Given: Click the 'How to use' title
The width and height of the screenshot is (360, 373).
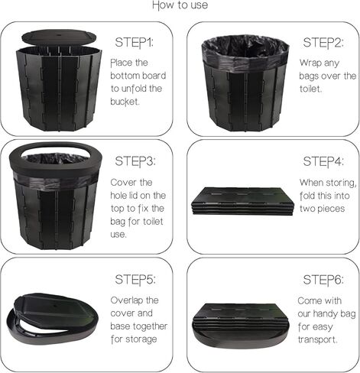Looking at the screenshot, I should [x=180, y=6].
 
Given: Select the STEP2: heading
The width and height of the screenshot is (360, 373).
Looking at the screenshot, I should [x=323, y=41].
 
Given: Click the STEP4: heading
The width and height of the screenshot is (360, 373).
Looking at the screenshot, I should [x=323, y=161].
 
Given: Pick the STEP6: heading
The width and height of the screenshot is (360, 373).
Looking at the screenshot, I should [x=323, y=281].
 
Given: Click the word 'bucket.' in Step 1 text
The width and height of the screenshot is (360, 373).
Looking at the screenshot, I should [x=127, y=102].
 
